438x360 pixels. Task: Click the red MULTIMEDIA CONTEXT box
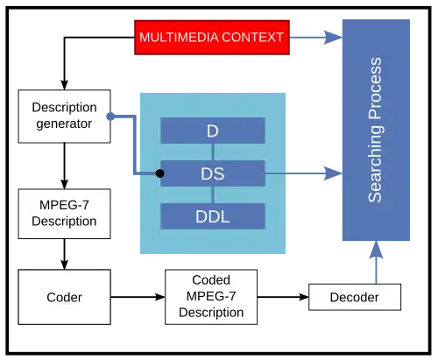tap(212, 38)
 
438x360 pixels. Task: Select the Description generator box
tap(64, 116)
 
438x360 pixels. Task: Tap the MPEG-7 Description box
tap(64, 214)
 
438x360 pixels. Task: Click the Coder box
tap(64, 297)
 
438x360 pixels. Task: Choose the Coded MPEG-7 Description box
tap(211, 297)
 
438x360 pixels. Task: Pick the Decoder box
tap(355, 297)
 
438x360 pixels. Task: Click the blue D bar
tap(213, 131)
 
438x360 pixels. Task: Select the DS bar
tap(213, 173)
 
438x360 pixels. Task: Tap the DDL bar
tap(213, 216)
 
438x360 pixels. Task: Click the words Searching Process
tap(375, 130)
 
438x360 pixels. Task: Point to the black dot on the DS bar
tap(159, 173)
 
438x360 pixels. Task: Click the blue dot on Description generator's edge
tap(110, 116)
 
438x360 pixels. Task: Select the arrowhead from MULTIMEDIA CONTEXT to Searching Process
tap(333, 38)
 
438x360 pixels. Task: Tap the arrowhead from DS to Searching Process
tap(333, 173)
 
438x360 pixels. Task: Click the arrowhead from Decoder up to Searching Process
tap(376, 250)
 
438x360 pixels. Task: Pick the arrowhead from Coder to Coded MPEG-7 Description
tap(160, 297)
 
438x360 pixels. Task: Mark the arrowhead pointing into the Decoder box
tap(304, 297)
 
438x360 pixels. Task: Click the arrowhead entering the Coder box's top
tap(64, 265)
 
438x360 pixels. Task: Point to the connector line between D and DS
tap(213, 152)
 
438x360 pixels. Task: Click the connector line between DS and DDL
tap(213, 194)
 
